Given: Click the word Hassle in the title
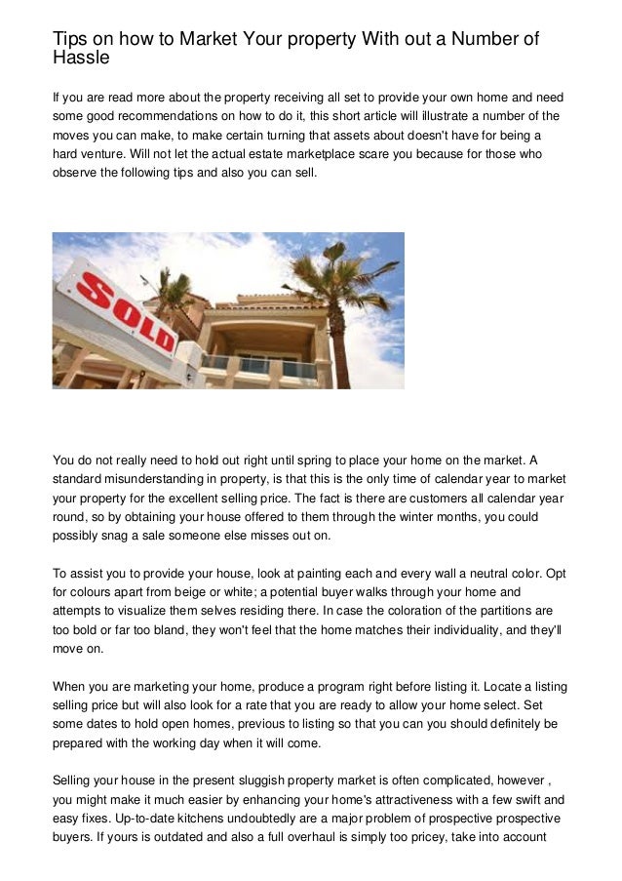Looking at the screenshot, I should coord(81,59).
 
